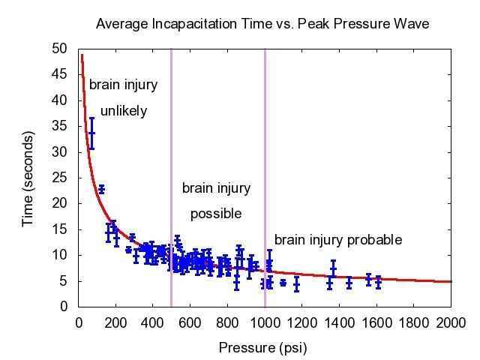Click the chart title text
tap(262, 24)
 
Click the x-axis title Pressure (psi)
tap(262, 348)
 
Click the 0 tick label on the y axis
tap(64, 307)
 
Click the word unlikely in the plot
tap(124, 111)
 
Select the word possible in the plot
tap(216, 214)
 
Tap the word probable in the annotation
tap(373, 240)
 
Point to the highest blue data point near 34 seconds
tap(91, 133)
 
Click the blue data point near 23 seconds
tap(101, 190)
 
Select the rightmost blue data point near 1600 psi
tap(378, 282)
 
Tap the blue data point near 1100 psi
tap(283, 283)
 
